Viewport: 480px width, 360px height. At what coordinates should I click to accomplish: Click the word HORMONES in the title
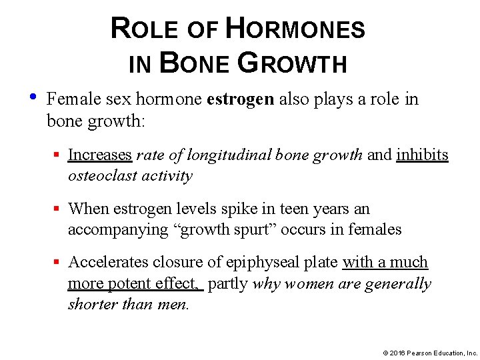tap(296, 29)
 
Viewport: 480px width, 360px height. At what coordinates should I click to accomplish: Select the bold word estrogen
tap(241, 99)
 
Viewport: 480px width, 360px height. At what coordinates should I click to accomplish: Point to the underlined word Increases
tap(100, 155)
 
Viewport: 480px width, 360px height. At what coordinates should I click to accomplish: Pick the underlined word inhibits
tap(423, 155)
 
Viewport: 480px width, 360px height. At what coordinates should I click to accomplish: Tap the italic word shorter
tap(91, 304)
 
